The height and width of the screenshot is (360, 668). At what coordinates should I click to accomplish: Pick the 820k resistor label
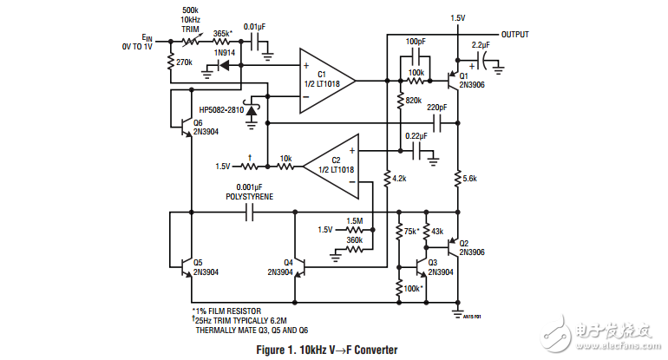[413, 101]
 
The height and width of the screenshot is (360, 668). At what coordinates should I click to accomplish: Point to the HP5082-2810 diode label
[221, 110]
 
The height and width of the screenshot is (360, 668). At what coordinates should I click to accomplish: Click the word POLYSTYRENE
[249, 198]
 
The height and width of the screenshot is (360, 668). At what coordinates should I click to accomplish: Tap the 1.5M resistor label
[355, 220]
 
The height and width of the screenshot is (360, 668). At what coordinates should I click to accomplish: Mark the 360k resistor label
[355, 239]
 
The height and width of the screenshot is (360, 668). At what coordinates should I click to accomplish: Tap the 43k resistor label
[437, 232]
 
